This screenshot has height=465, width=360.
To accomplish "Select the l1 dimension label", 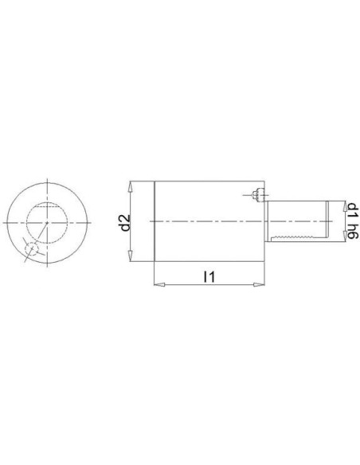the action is (209, 276).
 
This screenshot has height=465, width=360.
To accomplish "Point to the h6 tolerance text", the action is (353, 229).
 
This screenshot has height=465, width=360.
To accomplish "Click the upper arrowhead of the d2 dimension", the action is (130, 187).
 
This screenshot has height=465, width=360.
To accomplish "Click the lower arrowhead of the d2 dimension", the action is (130, 256).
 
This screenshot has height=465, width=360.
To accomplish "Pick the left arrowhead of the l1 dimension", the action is (159, 285).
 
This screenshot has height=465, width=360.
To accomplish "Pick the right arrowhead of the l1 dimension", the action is (259, 285).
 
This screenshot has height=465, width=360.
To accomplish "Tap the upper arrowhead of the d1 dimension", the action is (344, 205).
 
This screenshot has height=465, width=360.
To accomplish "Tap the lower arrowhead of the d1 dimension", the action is (344, 236).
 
